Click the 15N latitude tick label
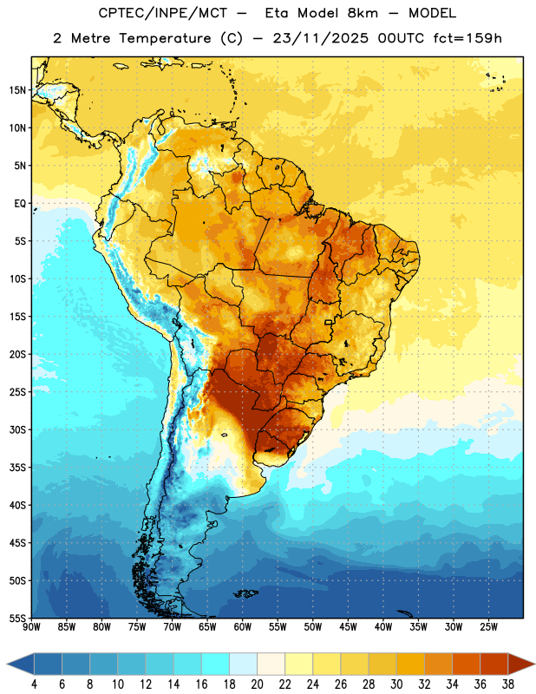[17, 90]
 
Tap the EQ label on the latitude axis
[20, 204]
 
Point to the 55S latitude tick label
[17, 619]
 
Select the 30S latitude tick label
[17, 429]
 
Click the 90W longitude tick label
[31, 627]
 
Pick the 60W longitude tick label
[243, 627]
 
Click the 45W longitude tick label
[348, 627]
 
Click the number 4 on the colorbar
[34, 684]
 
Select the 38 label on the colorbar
[508, 684]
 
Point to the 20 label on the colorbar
[257, 684]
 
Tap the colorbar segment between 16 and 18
[216, 665]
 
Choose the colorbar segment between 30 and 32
[410, 665]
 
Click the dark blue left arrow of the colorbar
[20, 665]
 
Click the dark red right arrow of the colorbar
[521, 665]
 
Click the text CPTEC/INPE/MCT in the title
[162, 13]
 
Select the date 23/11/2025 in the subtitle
[320, 38]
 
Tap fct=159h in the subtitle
[467, 38]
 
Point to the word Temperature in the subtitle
[165, 39]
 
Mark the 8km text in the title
[363, 13]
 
